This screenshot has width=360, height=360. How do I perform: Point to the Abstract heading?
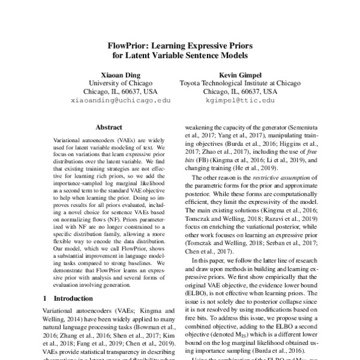point(109,128)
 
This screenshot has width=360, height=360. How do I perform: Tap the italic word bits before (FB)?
point(191,162)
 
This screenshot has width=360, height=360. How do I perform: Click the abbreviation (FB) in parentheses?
point(206,162)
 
